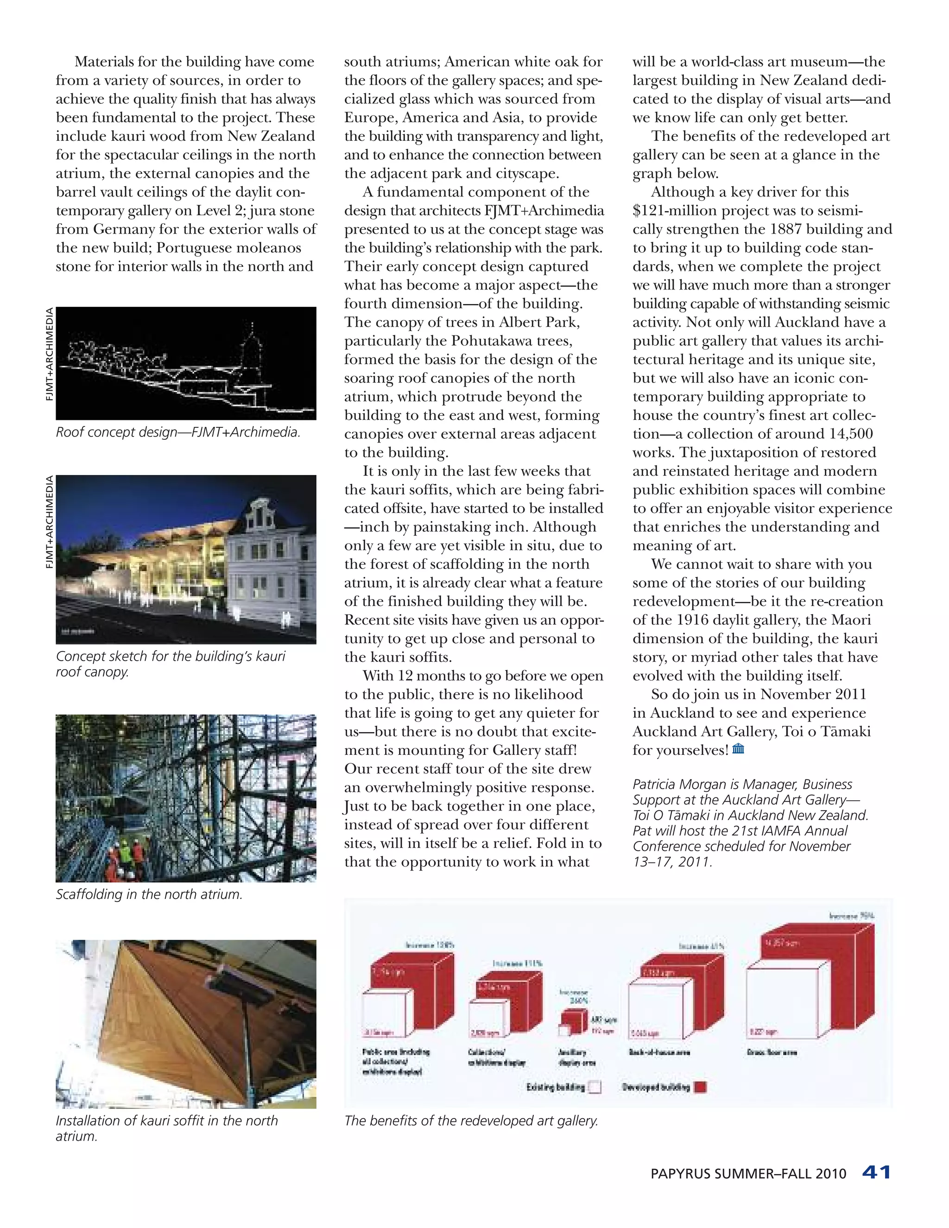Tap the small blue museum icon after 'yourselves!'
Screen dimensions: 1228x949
pyautogui.click(x=738, y=749)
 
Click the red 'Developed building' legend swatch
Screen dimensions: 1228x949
pyautogui.click(x=700, y=1087)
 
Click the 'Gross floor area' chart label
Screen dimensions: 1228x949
pyautogui.click(x=772, y=1052)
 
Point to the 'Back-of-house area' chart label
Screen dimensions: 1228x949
pyautogui.click(x=659, y=1052)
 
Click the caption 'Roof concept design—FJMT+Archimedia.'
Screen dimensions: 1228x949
pyautogui.click(x=177, y=432)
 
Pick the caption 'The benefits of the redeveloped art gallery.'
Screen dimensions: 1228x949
pyautogui.click(x=471, y=1120)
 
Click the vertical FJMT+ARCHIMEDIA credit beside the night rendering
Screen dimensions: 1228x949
pyautogui.click(x=50, y=522)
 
